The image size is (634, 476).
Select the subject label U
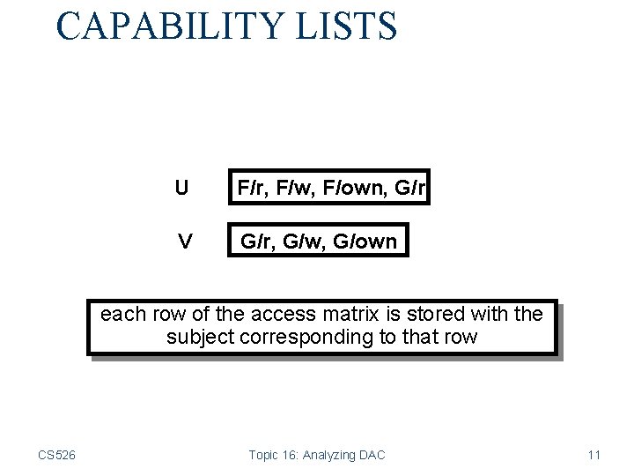181,188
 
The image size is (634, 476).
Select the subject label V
185,240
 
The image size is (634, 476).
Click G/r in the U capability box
409,188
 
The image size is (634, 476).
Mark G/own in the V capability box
363,241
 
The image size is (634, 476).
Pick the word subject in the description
198,337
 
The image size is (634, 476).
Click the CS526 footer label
56,455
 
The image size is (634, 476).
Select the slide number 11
593,455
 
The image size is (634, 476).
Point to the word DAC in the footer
372,455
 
